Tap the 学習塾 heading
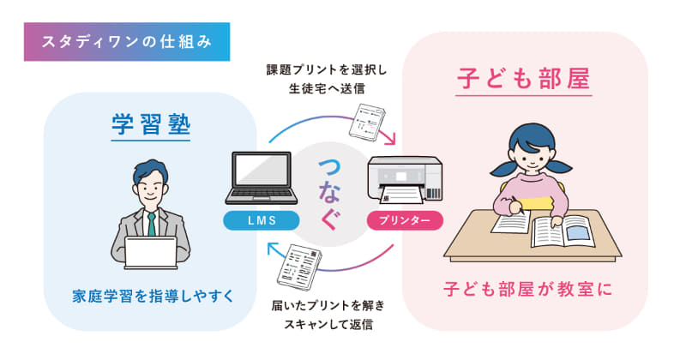click(150, 125)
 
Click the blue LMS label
click(261, 220)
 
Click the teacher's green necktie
click(152, 224)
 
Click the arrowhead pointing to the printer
click(390, 140)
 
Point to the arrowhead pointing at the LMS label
click(274, 249)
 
